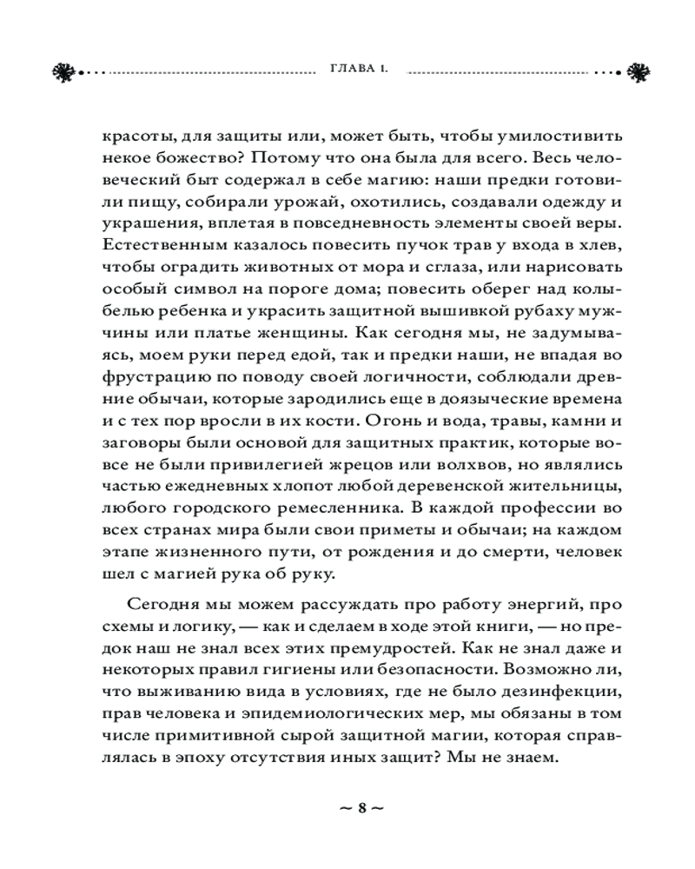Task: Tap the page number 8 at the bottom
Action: click(x=359, y=806)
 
